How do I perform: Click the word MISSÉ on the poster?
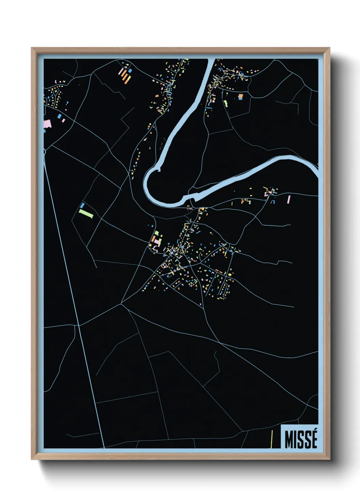pyautogui.click(x=301, y=439)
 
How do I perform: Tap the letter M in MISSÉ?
pyautogui.click(x=290, y=439)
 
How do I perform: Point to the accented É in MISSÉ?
pyautogui.click(x=313, y=439)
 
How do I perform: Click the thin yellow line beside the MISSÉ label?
pyautogui.click(x=272, y=439)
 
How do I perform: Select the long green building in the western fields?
pyautogui.click(x=86, y=214)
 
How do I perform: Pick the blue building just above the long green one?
pyautogui.click(x=82, y=205)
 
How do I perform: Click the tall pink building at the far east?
pyautogui.click(x=289, y=199)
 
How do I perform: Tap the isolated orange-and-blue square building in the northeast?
pyautogui.click(x=241, y=97)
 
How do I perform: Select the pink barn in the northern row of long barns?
pyautogui.click(x=120, y=72)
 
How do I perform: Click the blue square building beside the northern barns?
pyautogui.click(x=130, y=70)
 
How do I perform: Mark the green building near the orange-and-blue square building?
pyautogui.click(x=225, y=103)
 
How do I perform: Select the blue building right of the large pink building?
pyautogui.click(x=60, y=116)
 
